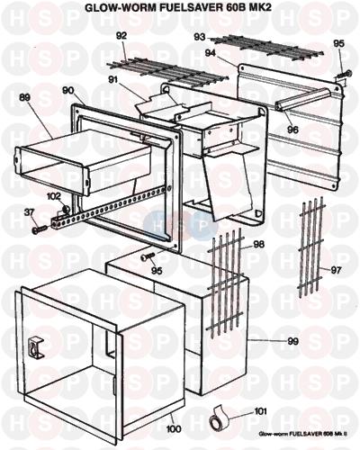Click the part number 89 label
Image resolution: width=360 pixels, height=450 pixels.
25,97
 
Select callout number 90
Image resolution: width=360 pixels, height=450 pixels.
68,90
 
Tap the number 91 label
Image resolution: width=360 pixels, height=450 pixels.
113,80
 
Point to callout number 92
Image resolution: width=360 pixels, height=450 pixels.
121,36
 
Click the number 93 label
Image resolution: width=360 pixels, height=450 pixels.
200,37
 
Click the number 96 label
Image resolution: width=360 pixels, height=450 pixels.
292,130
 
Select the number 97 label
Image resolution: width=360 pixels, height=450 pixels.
336,270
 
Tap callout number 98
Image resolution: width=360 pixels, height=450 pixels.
258,244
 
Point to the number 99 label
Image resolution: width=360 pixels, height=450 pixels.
292,341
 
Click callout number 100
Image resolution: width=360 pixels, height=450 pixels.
174,429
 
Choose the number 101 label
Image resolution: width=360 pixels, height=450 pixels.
260,411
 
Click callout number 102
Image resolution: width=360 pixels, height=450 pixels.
54,196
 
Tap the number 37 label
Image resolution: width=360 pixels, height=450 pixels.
29,212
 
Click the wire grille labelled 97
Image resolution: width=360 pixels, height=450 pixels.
311,246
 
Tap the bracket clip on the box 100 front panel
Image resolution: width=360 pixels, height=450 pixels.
36,347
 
